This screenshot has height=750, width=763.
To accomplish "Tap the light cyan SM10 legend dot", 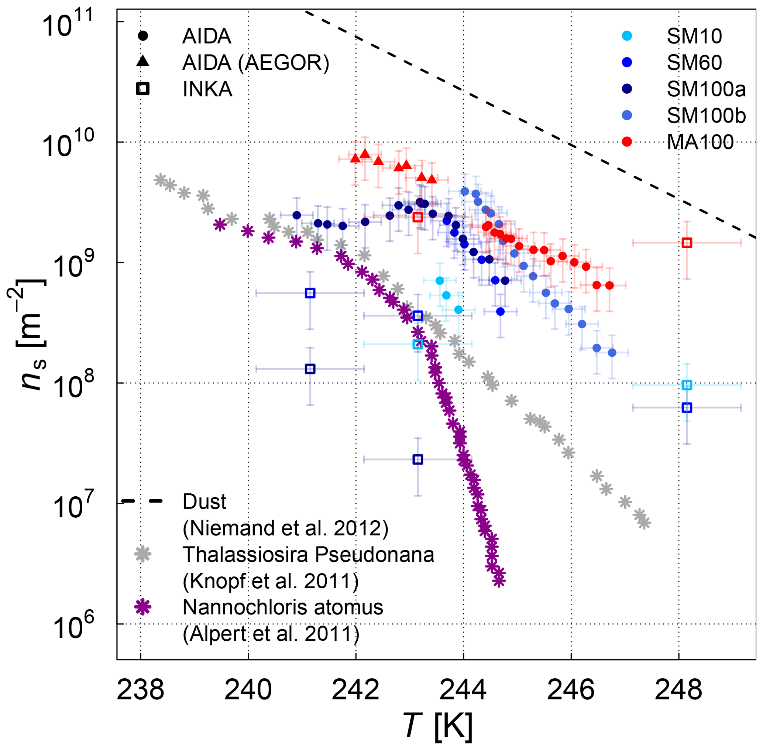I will (x=627, y=36).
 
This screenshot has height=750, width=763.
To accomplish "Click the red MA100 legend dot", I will (x=627, y=142).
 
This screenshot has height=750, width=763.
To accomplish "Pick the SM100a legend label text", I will (x=706, y=89).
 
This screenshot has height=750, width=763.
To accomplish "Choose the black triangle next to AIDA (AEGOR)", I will (x=142, y=61).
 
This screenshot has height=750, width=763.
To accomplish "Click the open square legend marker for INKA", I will (x=142, y=89).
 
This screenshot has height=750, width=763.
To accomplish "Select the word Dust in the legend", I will (x=205, y=502).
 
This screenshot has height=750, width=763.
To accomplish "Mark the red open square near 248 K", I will (x=687, y=243).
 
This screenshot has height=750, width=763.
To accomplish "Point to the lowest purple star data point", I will (x=499, y=580).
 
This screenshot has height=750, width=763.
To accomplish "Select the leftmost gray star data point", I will (x=160, y=179).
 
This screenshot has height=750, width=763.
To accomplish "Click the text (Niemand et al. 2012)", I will (x=285, y=528).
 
